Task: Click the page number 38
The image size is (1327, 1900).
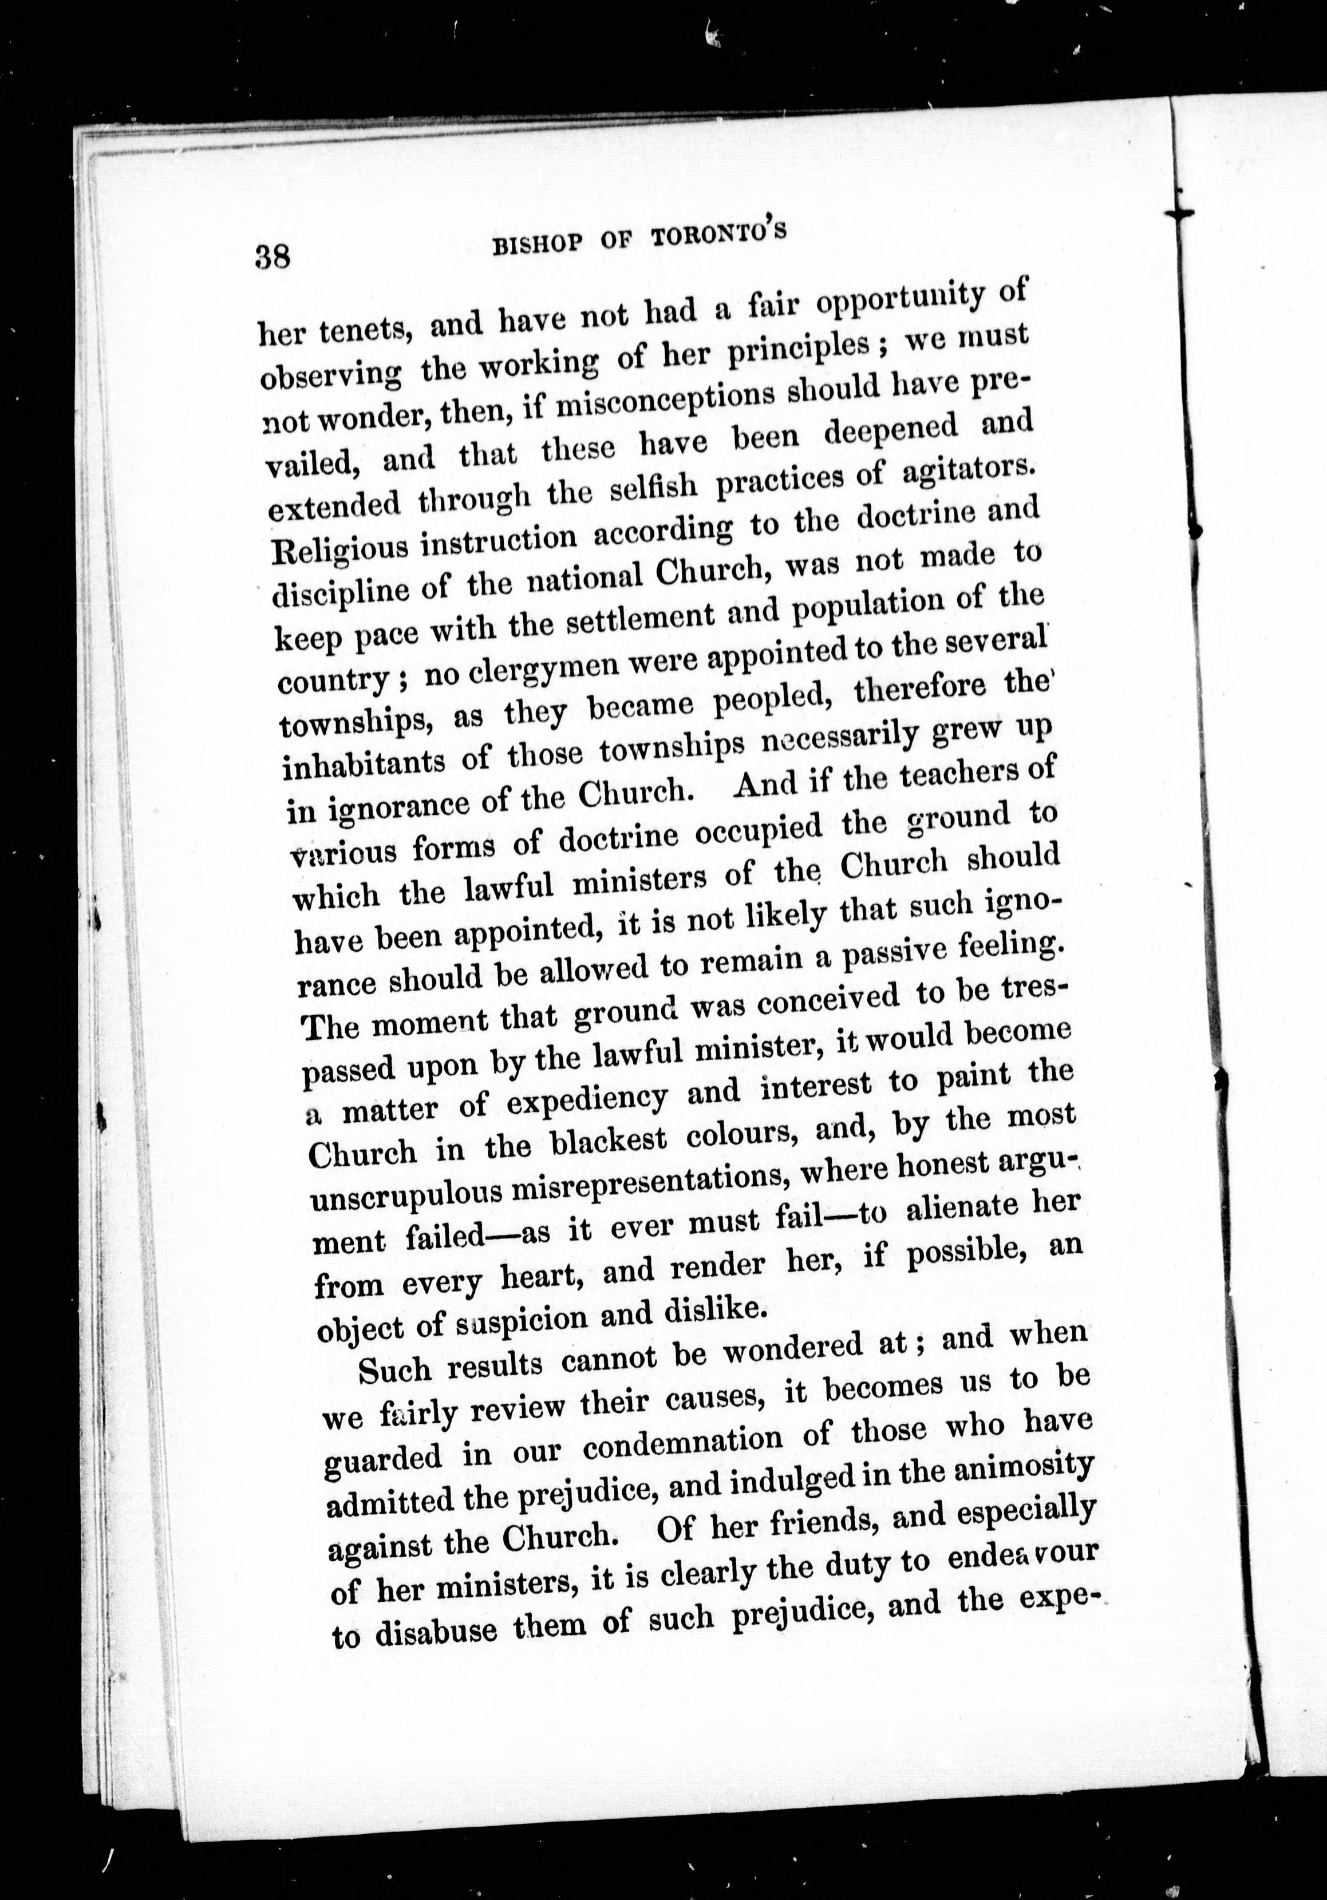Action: [x=273, y=256]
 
